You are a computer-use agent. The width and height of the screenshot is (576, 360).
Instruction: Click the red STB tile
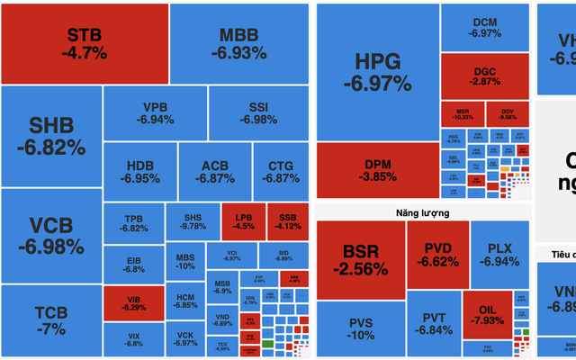tap(85, 43)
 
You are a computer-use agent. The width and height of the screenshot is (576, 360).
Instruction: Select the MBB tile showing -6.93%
tap(239, 43)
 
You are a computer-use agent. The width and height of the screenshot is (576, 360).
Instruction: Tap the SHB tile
tap(51, 135)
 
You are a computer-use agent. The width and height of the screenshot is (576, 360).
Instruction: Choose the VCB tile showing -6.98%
tap(51, 236)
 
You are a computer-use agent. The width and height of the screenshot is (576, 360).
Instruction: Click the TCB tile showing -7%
tap(51, 320)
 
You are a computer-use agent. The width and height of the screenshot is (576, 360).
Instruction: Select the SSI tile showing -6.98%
tap(258, 112)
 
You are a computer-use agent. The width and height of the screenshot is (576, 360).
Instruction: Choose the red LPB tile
tap(243, 221)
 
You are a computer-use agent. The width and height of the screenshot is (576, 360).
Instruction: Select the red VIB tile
tap(133, 303)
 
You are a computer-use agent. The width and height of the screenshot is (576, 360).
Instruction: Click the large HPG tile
tap(376, 72)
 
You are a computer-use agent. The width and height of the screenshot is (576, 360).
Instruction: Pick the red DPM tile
tap(377, 170)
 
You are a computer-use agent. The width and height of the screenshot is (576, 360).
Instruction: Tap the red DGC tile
tap(484, 76)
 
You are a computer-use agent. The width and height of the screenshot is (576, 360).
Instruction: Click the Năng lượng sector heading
tap(421, 213)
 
